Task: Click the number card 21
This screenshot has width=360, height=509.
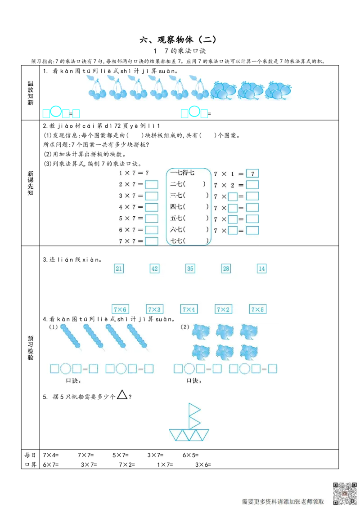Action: coord(119,268)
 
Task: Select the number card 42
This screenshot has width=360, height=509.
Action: coord(154,268)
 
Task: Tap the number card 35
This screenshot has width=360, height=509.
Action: coord(190,268)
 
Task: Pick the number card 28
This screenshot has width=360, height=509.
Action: coord(226,268)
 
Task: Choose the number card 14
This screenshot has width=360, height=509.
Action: coord(261,268)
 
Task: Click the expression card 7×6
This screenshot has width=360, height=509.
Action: coord(120,309)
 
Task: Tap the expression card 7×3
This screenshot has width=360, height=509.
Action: coord(154,309)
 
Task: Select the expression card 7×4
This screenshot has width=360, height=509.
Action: coord(189,309)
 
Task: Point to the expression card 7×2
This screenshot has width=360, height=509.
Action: coord(223,309)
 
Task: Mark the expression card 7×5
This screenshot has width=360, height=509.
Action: coord(258,309)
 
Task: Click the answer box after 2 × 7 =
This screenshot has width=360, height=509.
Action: coord(152,184)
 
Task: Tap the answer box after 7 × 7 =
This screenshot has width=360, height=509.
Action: coord(152,241)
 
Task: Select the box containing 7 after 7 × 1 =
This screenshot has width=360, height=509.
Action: coord(253,174)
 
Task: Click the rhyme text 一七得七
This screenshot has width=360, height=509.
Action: coord(182,173)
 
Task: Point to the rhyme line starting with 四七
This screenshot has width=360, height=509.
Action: coord(189,207)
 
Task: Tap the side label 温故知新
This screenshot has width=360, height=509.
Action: coord(31,94)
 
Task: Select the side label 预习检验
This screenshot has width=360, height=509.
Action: coord(31,348)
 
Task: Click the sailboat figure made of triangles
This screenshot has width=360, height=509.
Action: coord(189,421)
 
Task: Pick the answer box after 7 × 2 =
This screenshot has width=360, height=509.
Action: coord(253,185)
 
